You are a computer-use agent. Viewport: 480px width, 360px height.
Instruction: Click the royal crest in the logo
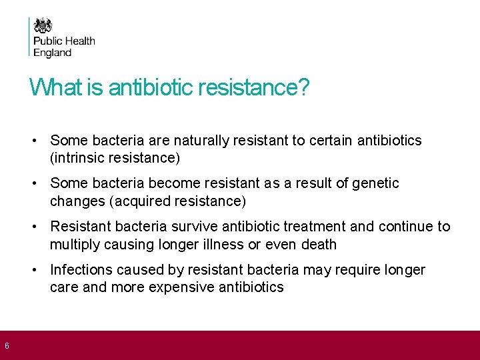click(43, 25)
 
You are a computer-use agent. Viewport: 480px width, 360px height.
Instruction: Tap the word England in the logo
click(53, 53)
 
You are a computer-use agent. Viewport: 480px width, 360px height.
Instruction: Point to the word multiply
click(73, 245)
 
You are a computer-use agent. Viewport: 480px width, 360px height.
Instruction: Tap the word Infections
click(81, 270)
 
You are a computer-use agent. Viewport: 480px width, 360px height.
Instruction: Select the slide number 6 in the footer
click(6, 346)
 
